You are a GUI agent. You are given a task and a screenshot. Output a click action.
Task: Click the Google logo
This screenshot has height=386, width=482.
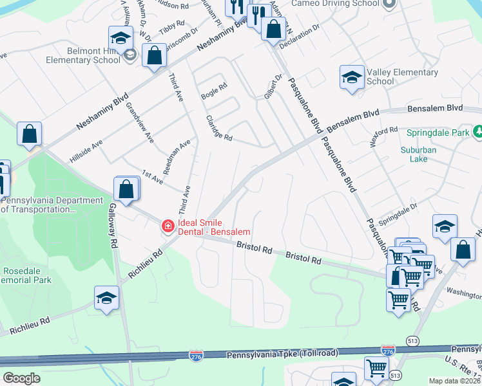(x=21, y=378)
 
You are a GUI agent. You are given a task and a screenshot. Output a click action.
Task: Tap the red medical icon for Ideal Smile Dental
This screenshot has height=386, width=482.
(x=168, y=226)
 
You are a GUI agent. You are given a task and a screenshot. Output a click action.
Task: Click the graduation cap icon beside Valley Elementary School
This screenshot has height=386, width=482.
(x=351, y=78)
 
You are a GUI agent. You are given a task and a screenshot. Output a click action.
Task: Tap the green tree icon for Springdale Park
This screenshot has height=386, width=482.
(x=477, y=132)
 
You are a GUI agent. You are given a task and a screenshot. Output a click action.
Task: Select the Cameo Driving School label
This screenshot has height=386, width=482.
(x=335, y=3)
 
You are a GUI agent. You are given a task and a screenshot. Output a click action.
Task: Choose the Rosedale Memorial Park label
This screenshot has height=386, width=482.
(x=26, y=275)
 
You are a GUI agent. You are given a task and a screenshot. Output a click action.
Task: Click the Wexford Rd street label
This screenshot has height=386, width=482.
(x=384, y=138)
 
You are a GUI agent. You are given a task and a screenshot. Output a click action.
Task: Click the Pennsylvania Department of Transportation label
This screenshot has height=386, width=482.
(x=52, y=205)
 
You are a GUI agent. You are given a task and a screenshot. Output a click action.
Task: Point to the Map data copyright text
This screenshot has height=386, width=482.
(x=455, y=381)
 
